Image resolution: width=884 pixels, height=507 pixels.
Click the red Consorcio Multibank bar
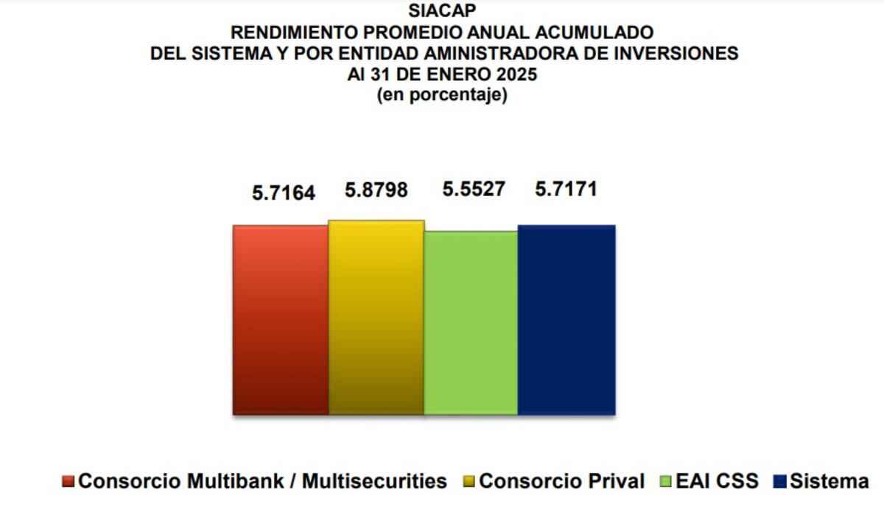(x=281, y=320)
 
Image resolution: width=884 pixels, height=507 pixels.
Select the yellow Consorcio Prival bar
(x=376, y=318)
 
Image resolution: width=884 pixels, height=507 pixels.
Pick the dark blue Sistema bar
(x=566, y=320)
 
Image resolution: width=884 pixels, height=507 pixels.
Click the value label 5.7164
(x=284, y=194)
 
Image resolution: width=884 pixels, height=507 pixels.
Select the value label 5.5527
(x=473, y=189)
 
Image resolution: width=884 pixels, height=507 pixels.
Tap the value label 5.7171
(x=566, y=189)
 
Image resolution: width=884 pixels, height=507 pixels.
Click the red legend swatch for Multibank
(x=69, y=483)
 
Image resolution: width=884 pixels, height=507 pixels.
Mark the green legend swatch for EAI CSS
(x=666, y=483)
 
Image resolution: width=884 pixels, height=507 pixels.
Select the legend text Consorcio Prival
(x=561, y=482)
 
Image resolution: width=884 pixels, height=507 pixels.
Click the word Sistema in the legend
(x=829, y=482)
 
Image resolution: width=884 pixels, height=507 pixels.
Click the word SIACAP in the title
(x=442, y=11)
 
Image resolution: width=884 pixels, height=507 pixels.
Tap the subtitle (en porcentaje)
(x=442, y=96)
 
